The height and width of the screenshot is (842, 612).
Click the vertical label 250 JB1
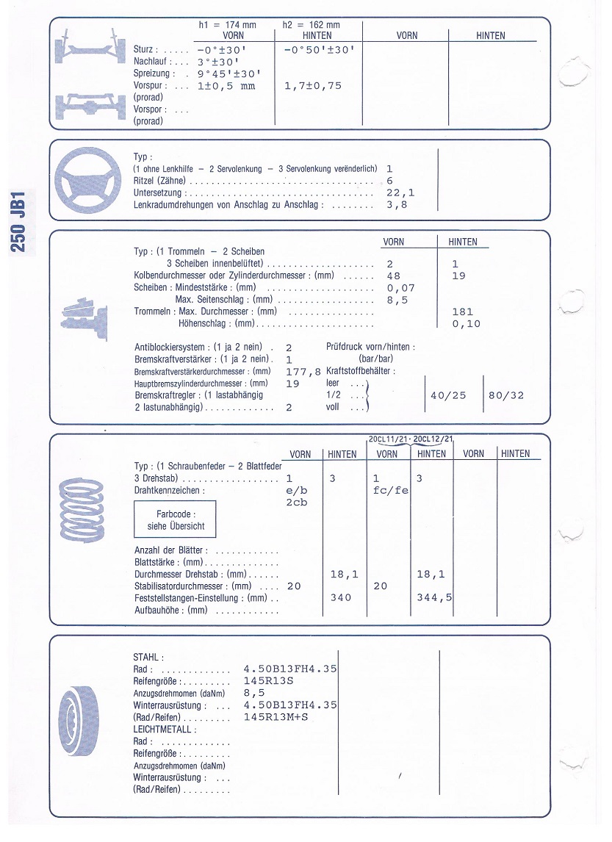click(19, 222)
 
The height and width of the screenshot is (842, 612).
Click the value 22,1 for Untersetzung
click(400, 192)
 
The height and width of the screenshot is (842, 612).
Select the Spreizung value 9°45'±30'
click(228, 73)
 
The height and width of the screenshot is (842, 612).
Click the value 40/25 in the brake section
click(447, 395)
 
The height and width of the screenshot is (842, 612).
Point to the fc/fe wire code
click(390, 491)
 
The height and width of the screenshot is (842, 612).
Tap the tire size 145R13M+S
click(276, 717)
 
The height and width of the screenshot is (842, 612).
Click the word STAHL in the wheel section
click(148, 657)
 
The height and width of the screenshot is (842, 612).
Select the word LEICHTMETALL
click(165, 730)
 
